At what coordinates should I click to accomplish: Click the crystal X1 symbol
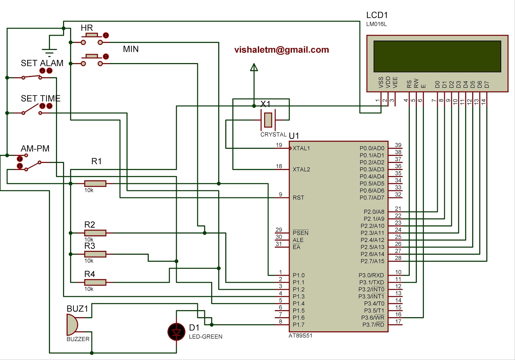pos(268,120)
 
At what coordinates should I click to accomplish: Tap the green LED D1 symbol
pos(176,332)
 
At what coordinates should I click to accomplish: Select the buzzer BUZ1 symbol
pos(72,325)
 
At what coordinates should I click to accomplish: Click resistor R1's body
pos(95,183)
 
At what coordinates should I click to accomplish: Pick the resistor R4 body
pos(95,282)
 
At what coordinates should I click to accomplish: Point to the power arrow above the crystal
pos(254,67)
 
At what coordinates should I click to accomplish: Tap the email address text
pos(282,50)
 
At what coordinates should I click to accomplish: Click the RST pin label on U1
pos(298,198)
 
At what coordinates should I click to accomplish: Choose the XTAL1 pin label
pos(301,148)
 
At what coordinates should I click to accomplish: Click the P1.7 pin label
pos(298,325)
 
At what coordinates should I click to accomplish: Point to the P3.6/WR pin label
pos(372,317)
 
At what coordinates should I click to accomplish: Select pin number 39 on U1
pos(398,145)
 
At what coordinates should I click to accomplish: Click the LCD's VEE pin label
pos(395,82)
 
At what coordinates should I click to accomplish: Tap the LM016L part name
pos(376,24)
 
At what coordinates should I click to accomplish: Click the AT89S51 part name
pos(300,336)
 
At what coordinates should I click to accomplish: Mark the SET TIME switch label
pos(41,99)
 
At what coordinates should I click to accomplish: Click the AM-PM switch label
pos(35,148)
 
